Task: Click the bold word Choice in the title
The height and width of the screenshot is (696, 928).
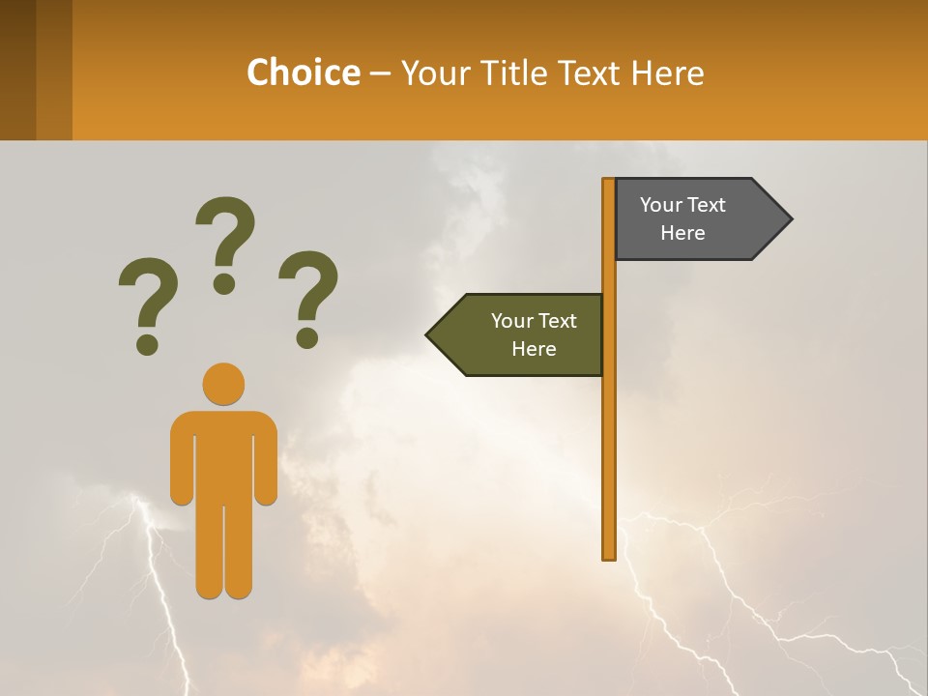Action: point(303,72)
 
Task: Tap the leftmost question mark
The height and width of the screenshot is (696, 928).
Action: point(147,295)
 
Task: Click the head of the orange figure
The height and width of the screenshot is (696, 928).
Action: point(223,384)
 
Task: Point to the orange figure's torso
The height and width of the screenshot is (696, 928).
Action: point(223,454)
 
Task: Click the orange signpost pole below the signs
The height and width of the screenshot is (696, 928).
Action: point(609,464)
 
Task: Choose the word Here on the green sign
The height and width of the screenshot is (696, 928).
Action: point(534,349)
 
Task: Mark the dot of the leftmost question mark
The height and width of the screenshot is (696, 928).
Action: point(147,343)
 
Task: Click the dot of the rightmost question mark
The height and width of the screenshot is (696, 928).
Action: point(307,337)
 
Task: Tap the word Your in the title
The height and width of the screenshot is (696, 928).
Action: point(435,72)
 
